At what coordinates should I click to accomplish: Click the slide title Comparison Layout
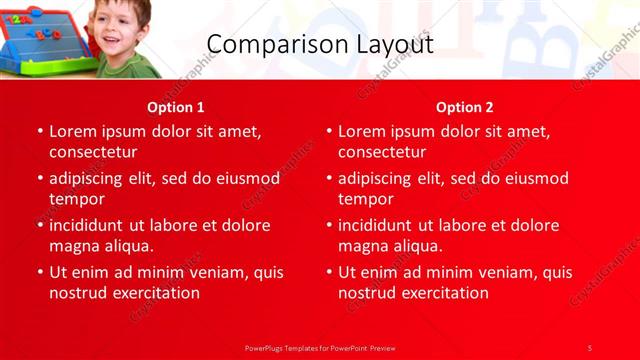(320, 45)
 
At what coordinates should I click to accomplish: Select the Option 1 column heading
(176, 107)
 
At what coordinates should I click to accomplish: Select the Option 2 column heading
(465, 107)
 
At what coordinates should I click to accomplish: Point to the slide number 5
(590, 347)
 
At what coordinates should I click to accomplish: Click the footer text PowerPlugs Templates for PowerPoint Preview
(320, 347)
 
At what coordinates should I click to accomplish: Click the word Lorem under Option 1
(74, 131)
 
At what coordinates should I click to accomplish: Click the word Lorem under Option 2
(363, 131)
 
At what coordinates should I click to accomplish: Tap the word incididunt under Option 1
(91, 225)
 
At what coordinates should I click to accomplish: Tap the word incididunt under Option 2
(380, 225)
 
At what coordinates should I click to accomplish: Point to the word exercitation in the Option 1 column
(156, 293)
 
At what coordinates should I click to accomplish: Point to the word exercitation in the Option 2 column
(445, 293)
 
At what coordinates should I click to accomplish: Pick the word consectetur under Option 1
(92, 152)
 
